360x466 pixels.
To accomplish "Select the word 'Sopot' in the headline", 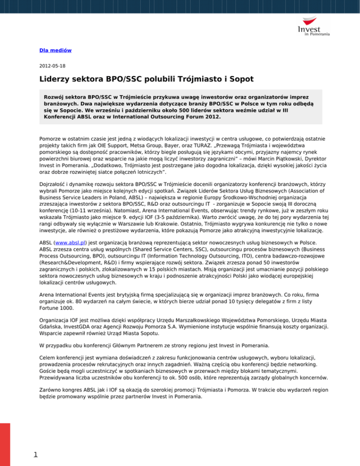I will coord(238,80).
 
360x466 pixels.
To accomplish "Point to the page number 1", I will coord(29,453).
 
